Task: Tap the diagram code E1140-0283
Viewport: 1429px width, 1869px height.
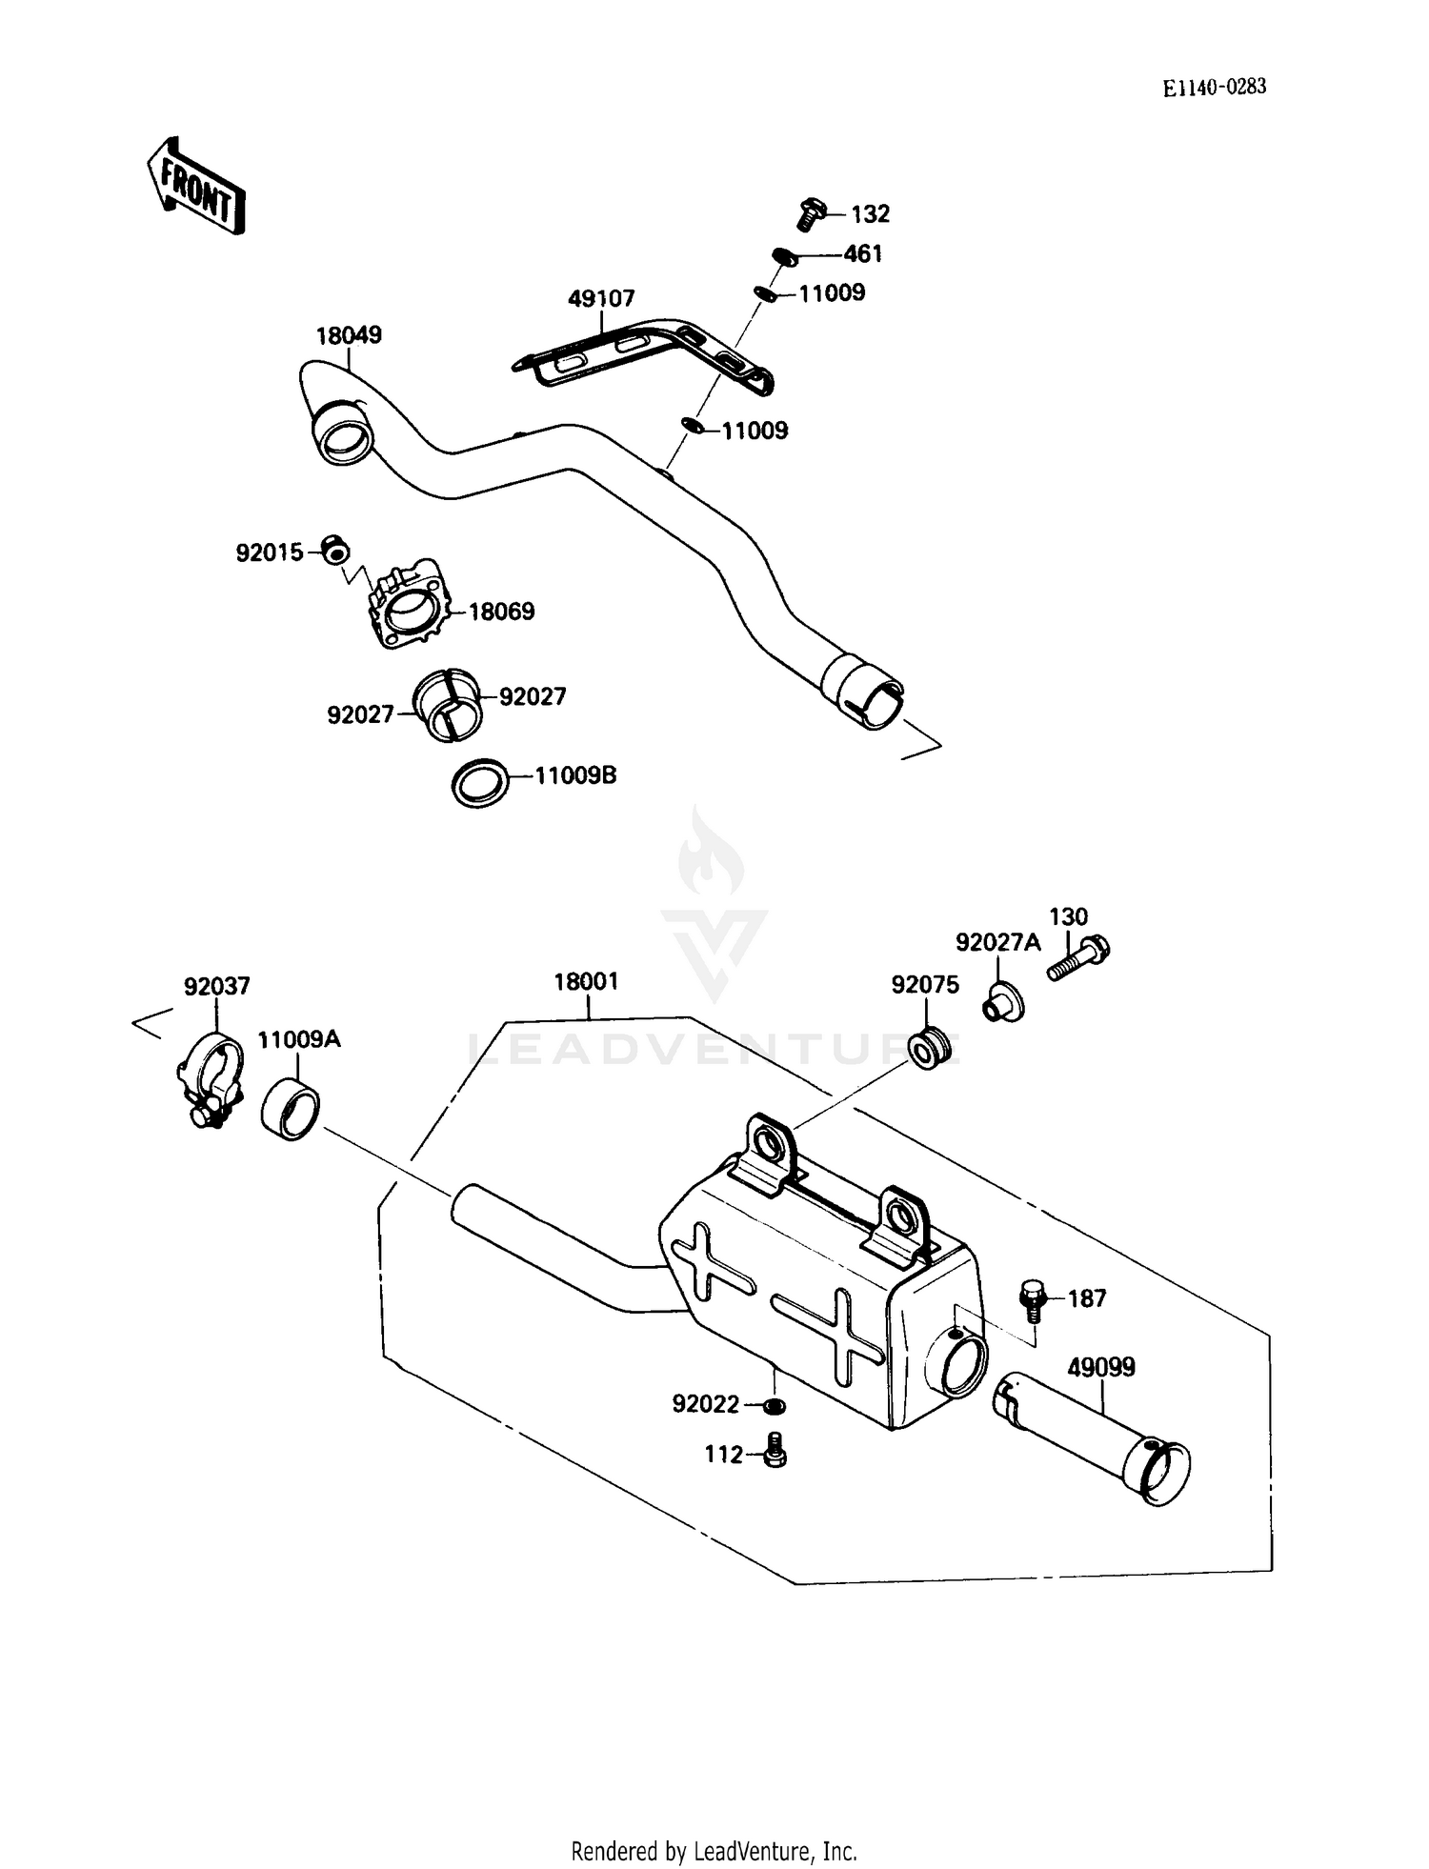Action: point(1214,88)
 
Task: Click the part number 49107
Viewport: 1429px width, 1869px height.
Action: point(600,299)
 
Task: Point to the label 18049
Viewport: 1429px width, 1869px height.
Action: point(349,335)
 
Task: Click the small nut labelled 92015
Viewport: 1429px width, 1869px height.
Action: point(333,550)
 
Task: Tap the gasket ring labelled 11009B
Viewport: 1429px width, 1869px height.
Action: point(479,783)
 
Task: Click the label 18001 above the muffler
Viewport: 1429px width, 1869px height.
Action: point(586,981)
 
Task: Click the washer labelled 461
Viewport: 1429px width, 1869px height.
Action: point(783,255)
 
